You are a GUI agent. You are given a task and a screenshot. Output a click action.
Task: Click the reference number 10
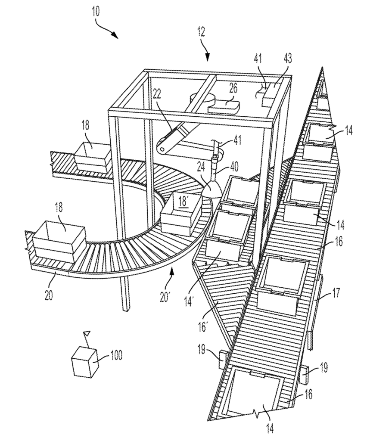point(95,12)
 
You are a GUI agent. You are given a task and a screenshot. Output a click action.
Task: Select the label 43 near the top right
point(287,59)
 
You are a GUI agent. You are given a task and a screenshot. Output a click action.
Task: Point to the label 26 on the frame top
point(233,88)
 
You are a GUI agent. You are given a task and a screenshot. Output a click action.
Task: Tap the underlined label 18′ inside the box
point(183,202)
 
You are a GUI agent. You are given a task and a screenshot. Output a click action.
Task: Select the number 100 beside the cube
point(115,355)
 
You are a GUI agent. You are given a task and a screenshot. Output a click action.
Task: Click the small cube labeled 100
point(85,362)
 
